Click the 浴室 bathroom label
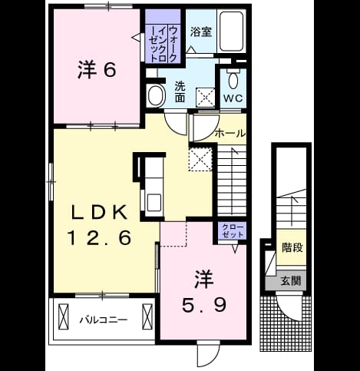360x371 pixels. point(201,31)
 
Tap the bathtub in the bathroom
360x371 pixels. point(231,31)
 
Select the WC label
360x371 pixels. point(233,98)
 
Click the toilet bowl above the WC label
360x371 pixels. point(233,79)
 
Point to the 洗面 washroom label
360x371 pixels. point(180,91)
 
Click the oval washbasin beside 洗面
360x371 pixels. point(156,95)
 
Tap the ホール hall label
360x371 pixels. point(230,133)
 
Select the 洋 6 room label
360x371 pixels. point(97,70)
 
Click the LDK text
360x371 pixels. point(99,212)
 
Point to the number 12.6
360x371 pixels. point(99,237)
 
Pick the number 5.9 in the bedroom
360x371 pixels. point(204,305)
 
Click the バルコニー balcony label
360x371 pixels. point(103,320)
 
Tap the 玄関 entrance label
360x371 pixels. point(290,281)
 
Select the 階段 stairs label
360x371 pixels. point(292,247)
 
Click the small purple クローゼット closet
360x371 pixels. point(233,231)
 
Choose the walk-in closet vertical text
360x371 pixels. point(163,44)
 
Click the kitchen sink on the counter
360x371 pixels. point(154,202)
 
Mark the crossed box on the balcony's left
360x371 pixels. point(64,316)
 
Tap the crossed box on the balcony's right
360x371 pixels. point(147,316)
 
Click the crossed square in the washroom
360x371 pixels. point(205,97)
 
